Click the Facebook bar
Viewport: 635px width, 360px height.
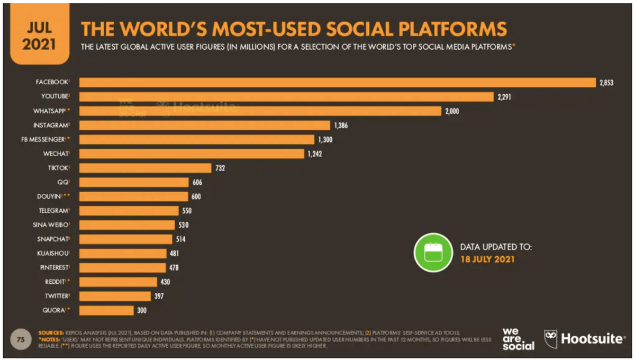pos(339,83)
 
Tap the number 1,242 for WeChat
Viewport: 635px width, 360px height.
pos(315,154)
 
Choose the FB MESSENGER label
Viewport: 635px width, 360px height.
pos(49,140)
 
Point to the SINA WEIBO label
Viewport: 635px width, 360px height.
pos(52,225)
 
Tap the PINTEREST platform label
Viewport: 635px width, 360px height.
pos(53,267)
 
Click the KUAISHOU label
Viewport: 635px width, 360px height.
pos(53,254)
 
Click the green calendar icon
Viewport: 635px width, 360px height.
pos(433,253)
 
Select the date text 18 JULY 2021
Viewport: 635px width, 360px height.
pos(487,259)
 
